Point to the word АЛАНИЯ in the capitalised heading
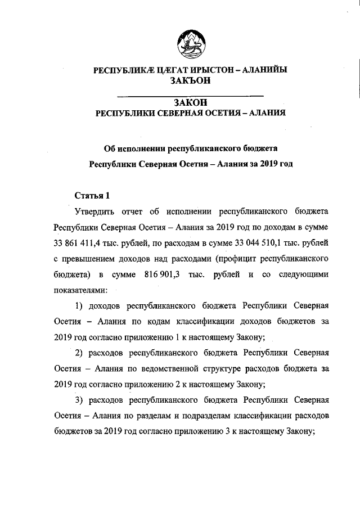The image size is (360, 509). coord(265,112)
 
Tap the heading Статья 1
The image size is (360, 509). coord(88,196)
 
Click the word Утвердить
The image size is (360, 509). coord(95,212)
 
